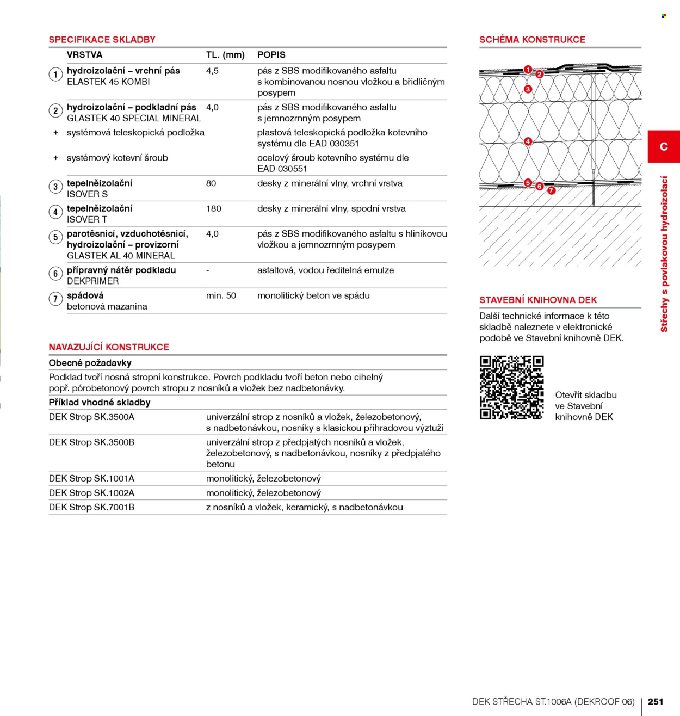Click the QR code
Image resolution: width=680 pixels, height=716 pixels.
[x=511, y=387]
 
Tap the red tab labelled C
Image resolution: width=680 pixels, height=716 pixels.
[x=664, y=146]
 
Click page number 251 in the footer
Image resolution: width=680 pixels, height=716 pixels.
[x=655, y=701]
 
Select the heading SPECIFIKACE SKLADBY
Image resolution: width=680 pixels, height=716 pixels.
[x=102, y=39]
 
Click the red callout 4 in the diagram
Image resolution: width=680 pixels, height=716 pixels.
[x=528, y=141]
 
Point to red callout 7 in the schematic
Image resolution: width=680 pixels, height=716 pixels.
[x=552, y=190]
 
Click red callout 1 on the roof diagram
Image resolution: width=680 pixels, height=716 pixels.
[x=528, y=69]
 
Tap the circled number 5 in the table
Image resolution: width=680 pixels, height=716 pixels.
[x=55, y=237]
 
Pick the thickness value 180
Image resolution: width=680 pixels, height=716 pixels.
[x=213, y=209]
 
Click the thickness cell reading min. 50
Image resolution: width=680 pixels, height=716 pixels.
[x=221, y=295]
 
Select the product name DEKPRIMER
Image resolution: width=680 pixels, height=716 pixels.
[x=92, y=281]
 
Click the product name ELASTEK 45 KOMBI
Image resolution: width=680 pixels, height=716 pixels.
[x=108, y=82]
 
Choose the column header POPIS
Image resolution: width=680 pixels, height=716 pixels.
[x=271, y=55]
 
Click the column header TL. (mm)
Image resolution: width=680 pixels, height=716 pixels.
[x=225, y=55]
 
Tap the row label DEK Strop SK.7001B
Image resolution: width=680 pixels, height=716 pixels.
[x=91, y=507]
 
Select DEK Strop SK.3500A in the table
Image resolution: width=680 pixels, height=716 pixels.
[x=91, y=417]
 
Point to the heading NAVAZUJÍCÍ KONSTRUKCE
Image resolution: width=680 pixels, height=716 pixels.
[x=109, y=347]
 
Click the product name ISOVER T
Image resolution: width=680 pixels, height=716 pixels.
[x=86, y=219]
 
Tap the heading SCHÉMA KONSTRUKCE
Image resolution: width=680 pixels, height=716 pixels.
[x=532, y=39]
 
